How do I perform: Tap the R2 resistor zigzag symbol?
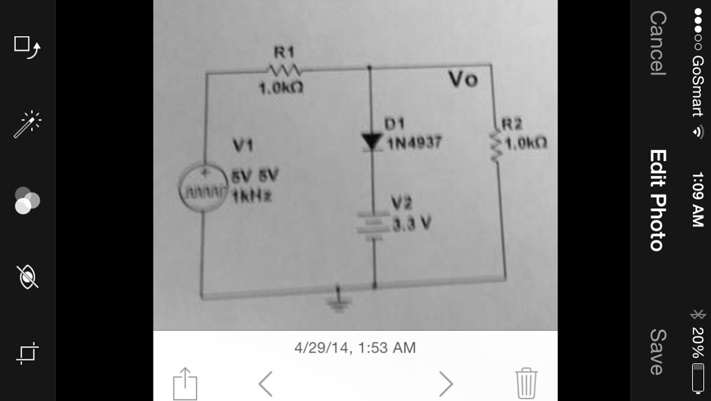pos(496,147)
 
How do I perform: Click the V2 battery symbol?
pos(374,224)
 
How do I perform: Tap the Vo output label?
pos(463,80)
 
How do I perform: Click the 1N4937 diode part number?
pos(415,144)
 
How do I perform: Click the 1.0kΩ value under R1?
pos(281,90)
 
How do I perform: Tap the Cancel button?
pos(657,42)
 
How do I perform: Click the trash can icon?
pos(526,382)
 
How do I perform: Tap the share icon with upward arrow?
pos(185,383)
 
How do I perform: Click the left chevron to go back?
pos(265,383)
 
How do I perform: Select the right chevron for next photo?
pos(446,383)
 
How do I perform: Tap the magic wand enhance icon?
pos(28,124)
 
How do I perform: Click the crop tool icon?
pos(27,354)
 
